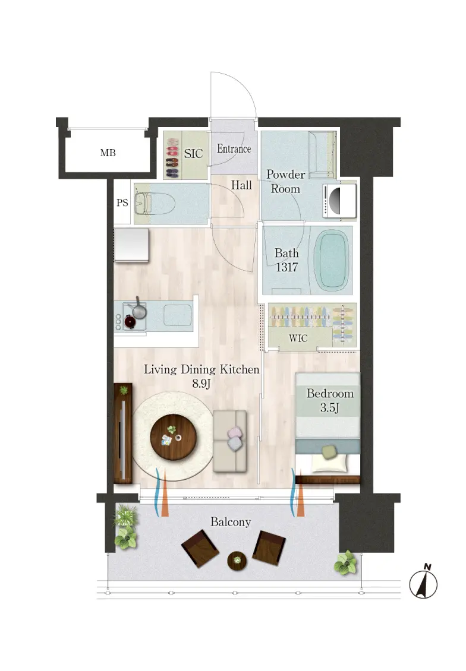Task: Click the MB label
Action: [108, 153]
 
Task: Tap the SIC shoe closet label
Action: [193, 154]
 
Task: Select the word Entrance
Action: [234, 149]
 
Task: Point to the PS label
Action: [122, 203]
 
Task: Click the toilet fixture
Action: [154, 203]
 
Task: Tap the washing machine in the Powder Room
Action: [339, 201]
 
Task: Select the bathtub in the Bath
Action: [331, 262]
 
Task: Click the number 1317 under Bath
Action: [286, 267]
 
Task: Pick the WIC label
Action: [298, 338]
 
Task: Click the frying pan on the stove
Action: [138, 309]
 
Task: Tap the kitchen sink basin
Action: [177, 315]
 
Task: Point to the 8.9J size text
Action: [201, 384]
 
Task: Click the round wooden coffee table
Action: [173, 438]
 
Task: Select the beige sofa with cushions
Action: [230, 441]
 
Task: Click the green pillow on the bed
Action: [329, 452]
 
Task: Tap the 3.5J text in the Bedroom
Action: [329, 409]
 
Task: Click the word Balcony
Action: [231, 522]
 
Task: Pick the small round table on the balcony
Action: [237, 561]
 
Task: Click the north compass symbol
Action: [423, 583]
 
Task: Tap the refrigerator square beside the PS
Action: [131, 244]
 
